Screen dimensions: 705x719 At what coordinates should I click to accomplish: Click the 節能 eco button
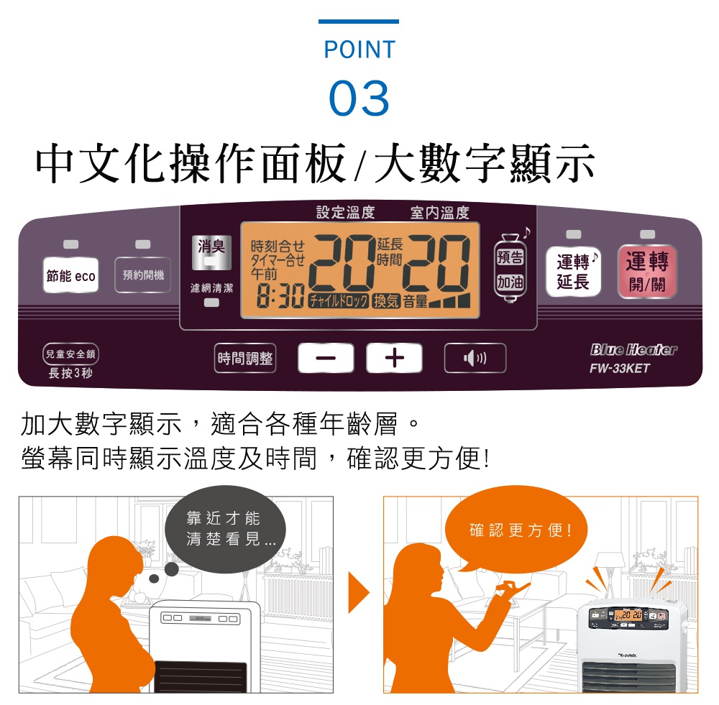tap(70, 276)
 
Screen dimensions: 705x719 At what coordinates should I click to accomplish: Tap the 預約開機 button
tap(142, 275)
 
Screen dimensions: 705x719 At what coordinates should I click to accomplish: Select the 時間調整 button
tap(245, 359)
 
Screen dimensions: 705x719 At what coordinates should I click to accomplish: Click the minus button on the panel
tap(326, 359)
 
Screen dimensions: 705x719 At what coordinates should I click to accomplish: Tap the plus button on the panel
tap(394, 359)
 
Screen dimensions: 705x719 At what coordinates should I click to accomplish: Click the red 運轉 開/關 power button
tap(647, 272)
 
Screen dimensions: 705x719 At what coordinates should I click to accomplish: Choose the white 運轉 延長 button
tap(573, 272)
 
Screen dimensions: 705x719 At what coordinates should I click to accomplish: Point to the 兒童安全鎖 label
tap(70, 354)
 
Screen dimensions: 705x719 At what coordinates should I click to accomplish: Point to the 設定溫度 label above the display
tap(346, 213)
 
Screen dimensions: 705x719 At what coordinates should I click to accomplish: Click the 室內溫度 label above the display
tap(439, 213)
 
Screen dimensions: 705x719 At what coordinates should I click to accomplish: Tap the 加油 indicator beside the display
tap(510, 282)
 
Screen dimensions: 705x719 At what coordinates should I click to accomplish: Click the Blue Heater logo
tap(633, 351)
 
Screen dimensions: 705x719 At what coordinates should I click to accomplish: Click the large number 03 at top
tap(359, 98)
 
